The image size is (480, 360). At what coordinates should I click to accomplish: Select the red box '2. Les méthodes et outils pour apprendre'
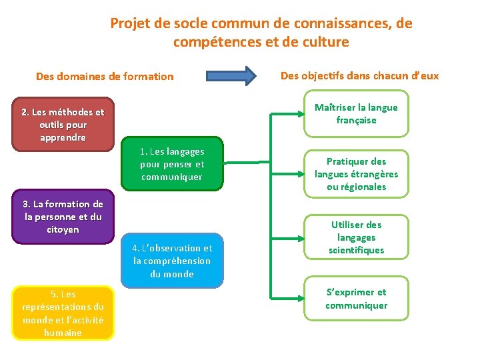click(x=63, y=125)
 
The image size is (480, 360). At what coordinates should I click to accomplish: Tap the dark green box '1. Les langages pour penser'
click(x=172, y=164)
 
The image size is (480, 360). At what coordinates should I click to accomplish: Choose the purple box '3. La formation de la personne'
click(x=63, y=217)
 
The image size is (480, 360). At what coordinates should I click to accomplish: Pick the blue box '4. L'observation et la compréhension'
click(x=172, y=261)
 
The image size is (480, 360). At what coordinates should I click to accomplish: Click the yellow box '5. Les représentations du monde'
click(x=63, y=313)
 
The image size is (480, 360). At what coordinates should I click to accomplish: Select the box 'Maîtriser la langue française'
click(x=356, y=114)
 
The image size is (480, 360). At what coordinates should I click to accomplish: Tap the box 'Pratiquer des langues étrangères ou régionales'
click(x=356, y=174)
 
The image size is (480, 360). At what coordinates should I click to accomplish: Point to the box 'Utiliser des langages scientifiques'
click(x=356, y=237)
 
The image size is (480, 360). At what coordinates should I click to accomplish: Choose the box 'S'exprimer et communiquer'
click(x=356, y=299)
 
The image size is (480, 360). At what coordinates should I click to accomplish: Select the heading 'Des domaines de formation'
click(x=105, y=77)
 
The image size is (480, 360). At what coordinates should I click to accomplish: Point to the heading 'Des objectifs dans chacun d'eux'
click(x=359, y=75)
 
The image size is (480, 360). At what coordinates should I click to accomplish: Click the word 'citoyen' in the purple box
click(x=63, y=229)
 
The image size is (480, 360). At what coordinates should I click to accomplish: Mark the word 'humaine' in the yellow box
click(x=63, y=332)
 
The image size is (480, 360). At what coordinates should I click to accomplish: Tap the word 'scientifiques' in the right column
click(x=356, y=250)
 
